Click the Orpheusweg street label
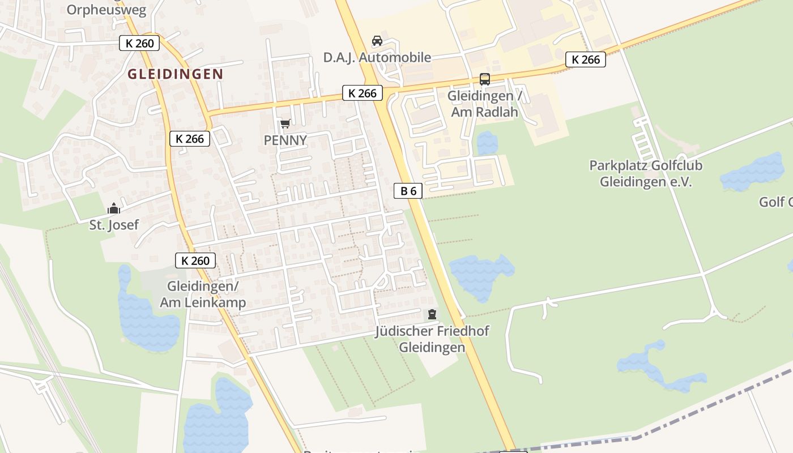(106, 10)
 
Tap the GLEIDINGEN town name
(175, 74)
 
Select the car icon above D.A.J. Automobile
(377, 41)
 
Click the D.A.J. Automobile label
(377, 57)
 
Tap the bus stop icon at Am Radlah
(485, 79)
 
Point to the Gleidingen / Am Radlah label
(485, 104)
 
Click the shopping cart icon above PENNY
(285, 123)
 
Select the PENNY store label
(285, 140)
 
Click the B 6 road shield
(408, 191)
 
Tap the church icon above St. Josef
(114, 208)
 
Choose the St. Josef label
(114, 225)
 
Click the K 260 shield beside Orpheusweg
(139, 42)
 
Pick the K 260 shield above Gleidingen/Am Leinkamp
(195, 260)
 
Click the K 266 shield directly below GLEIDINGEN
(189, 139)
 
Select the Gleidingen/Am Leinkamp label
(203, 294)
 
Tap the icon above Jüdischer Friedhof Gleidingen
(432, 314)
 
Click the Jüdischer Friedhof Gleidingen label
(432, 339)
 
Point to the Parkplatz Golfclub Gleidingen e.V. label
(646, 174)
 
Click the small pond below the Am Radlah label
(487, 143)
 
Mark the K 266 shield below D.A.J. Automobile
(362, 93)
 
